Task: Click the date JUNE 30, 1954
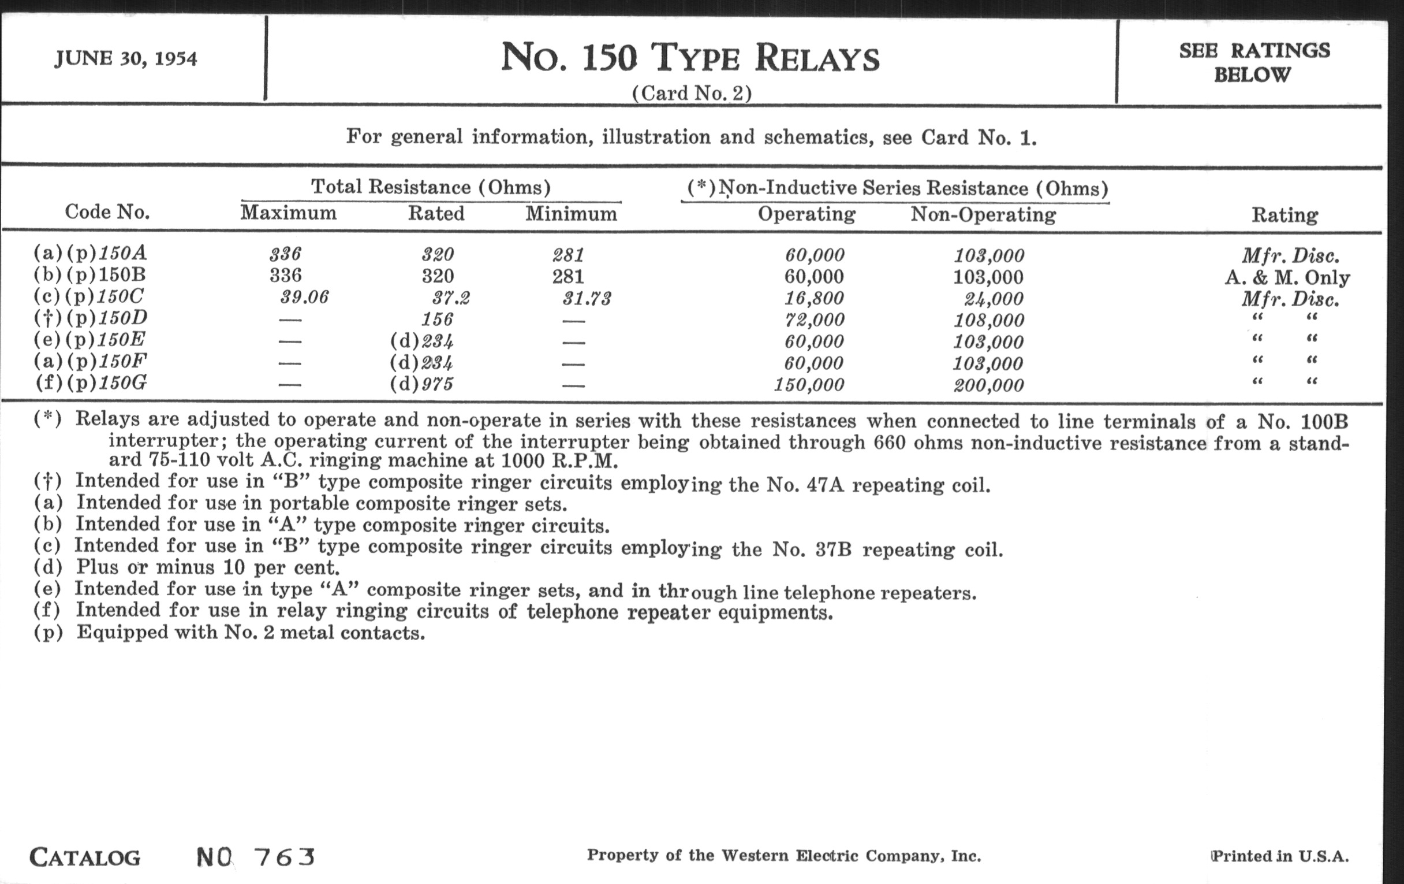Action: pos(126,59)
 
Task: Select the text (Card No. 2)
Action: pos(692,94)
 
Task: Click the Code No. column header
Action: pos(107,212)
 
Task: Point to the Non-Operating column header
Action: pos(983,215)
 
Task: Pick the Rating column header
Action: pos(1284,216)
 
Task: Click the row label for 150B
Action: pos(90,275)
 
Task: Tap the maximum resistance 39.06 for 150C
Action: pos(304,298)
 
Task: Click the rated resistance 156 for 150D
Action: pos(437,319)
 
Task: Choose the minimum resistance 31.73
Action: pos(587,299)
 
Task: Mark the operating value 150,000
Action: pos(809,385)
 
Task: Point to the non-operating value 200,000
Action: pos(988,385)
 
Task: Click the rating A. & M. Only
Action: pos(1287,278)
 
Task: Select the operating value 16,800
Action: pos(814,298)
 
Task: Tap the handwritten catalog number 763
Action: pos(285,857)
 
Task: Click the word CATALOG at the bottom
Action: pos(85,858)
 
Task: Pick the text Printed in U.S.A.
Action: pos(1280,856)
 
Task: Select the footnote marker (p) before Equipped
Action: pos(48,633)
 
